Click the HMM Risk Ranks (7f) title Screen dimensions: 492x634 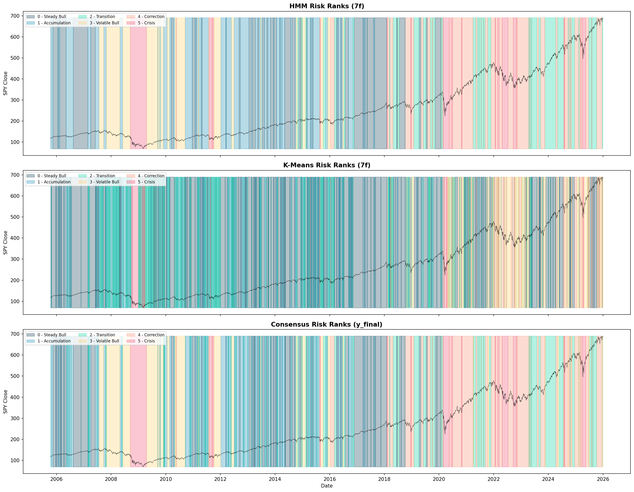pyautogui.click(x=327, y=6)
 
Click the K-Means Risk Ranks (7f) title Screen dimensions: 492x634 pyautogui.click(x=327, y=165)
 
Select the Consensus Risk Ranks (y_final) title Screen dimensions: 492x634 pyautogui.click(x=327, y=324)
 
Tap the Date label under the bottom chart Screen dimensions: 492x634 pyautogui.click(x=327, y=486)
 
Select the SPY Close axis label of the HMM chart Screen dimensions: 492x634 pyautogui.click(x=5, y=83)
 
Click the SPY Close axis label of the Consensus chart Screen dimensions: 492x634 pyautogui.click(x=5, y=402)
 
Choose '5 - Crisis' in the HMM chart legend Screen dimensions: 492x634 pyautogui.click(x=146, y=23)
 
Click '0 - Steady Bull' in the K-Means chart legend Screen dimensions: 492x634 pyautogui.click(x=52, y=176)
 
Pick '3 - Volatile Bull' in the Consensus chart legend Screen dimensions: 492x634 pyautogui.click(x=104, y=341)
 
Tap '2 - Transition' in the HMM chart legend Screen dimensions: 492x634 pyautogui.click(x=102, y=17)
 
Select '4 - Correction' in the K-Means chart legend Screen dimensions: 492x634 pyautogui.click(x=151, y=176)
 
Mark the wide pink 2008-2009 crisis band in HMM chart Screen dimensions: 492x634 pyautogui.click(x=138, y=87)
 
